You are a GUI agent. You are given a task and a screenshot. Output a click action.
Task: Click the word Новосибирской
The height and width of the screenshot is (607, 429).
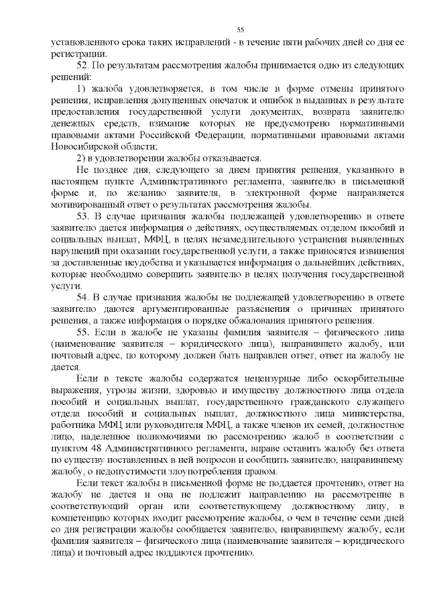pyautogui.click(x=84, y=147)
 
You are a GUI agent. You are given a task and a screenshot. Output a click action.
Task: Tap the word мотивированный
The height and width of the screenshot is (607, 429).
pyautogui.click(x=86, y=205)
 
